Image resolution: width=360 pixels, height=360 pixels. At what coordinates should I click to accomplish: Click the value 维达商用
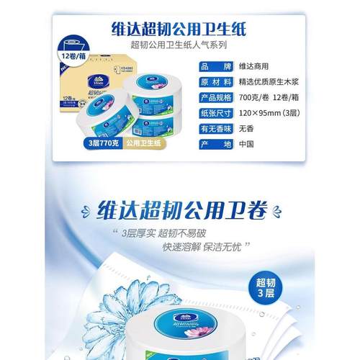(x=252, y=66)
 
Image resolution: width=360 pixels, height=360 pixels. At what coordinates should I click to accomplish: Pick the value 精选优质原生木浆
(x=268, y=81)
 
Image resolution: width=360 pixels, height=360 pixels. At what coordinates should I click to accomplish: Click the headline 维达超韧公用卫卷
(x=179, y=210)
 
